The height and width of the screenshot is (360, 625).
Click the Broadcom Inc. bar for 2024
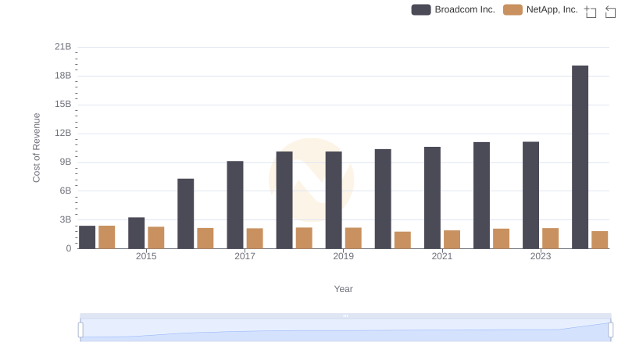(580, 157)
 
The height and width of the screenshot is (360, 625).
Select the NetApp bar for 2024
(599, 240)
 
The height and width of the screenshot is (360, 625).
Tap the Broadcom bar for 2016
(186, 213)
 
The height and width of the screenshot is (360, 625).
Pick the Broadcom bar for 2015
(137, 233)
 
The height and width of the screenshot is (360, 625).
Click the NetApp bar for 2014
(107, 237)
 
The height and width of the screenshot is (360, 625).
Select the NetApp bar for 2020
(402, 240)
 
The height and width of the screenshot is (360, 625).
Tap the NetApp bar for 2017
(255, 238)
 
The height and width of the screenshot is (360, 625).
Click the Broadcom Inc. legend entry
(454, 9)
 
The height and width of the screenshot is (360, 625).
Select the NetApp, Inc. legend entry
(541, 9)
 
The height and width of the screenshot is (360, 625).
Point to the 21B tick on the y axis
(63, 47)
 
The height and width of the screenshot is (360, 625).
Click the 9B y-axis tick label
(64, 162)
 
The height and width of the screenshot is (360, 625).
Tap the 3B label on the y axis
(64, 219)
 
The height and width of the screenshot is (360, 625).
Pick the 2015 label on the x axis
(146, 256)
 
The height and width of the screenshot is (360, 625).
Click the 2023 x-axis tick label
(541, 256)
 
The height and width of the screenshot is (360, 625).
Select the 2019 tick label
(343, 256)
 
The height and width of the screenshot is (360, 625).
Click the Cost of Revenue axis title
(37, 148)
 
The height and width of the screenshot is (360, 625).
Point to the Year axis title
(344, 289)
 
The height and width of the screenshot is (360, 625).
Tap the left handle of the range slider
(80, 330)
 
